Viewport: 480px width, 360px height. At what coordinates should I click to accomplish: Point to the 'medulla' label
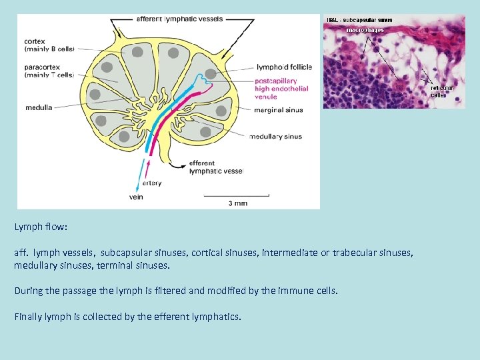point(39,107)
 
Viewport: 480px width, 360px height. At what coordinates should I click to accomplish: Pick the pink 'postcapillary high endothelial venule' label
point(281,89)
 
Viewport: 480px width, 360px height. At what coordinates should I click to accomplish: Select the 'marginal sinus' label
point(278,110)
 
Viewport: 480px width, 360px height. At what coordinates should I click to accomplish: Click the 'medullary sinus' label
point(275,137)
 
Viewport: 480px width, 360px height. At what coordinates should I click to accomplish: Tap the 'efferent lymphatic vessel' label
point(216,167)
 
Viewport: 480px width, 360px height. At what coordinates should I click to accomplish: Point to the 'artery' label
point(151,183)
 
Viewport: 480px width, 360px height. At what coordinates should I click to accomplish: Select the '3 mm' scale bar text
point(237,203)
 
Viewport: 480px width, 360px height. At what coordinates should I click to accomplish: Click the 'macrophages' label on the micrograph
point(365,30)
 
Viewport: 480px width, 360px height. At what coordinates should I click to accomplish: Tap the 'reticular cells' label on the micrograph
point(441,91)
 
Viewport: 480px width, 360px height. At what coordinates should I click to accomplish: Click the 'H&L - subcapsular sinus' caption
point(359,20)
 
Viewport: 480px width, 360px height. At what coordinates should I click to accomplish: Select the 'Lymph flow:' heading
point(41,227)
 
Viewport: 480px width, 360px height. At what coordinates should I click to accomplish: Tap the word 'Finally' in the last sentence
point(29,316)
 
